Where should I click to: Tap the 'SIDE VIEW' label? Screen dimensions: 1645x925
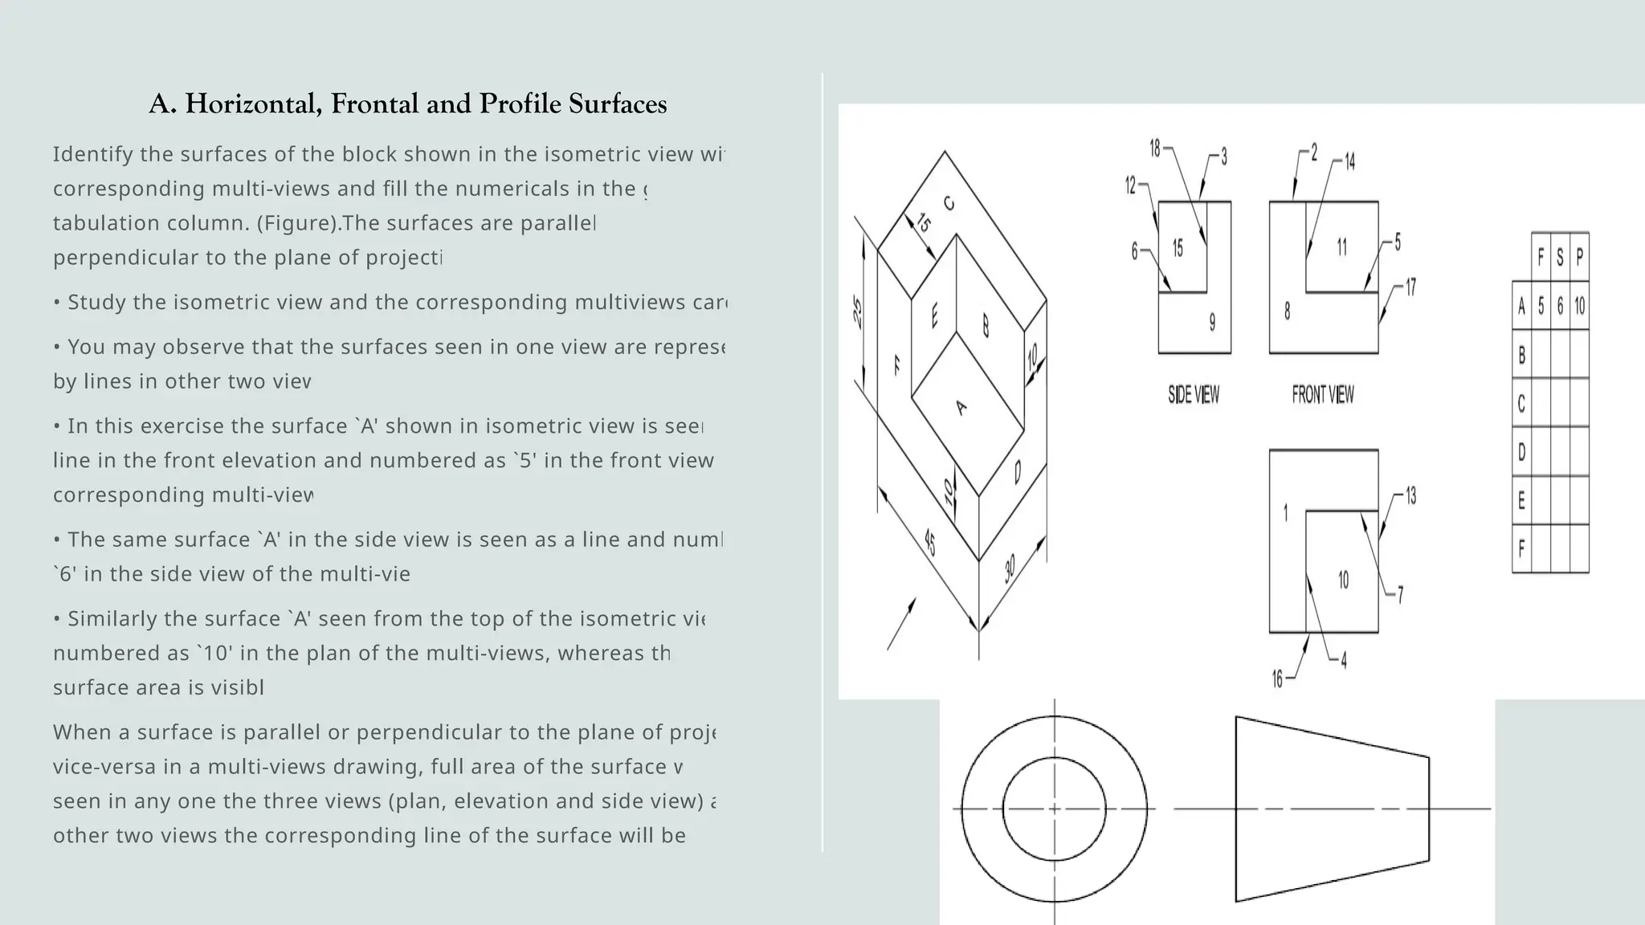1193,394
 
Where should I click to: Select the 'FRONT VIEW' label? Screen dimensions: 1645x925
1322,394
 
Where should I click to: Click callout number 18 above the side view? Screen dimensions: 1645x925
1155,149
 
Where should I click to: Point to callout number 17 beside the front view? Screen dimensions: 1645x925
1410,287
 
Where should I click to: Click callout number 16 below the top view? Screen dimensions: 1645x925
1277,679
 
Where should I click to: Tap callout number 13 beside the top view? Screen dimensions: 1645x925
1410,496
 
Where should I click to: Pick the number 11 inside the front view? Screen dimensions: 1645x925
1341,247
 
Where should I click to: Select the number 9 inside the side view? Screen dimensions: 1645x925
1212,322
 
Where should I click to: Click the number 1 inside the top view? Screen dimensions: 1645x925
1285,512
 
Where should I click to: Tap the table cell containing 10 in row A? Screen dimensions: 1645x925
1579,306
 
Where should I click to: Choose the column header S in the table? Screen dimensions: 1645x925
1560,257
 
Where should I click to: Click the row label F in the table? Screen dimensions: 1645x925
1521,549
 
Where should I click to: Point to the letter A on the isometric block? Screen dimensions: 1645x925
961,408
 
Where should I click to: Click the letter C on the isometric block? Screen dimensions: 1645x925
949,204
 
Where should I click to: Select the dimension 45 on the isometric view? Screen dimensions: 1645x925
929,543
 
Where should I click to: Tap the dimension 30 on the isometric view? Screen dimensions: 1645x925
1010,568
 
